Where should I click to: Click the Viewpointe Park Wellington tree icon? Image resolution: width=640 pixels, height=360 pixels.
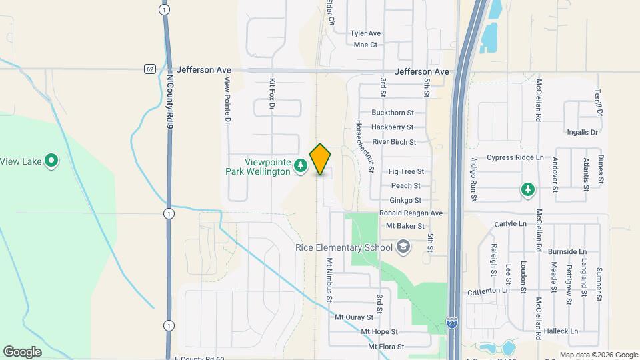click(301, 165)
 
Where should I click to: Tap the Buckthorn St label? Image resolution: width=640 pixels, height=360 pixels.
click(393, 113)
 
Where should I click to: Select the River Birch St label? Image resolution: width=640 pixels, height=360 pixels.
click(394, 142)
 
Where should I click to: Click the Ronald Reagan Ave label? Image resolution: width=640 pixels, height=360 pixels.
click(411, 213)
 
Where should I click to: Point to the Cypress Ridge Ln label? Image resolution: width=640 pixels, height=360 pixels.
click(515, 158)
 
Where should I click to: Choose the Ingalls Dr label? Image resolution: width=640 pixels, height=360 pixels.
click(580, 132)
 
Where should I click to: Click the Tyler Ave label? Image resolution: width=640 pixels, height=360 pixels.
click(365, 33)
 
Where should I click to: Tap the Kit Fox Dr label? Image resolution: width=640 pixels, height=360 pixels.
click(272, 94)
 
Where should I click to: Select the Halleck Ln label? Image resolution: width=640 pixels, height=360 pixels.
click(560, 331)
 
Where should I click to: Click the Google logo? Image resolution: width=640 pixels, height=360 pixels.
click(22, 351)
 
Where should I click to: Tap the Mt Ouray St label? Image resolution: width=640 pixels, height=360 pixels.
click(354, 317)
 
